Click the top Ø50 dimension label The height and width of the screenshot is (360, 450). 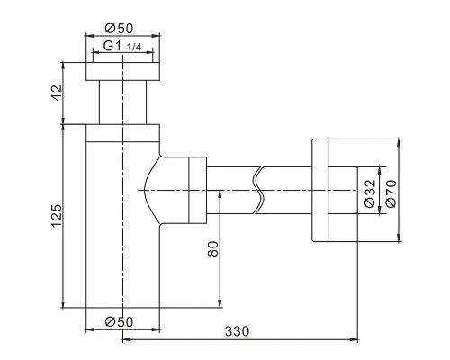point(119,29)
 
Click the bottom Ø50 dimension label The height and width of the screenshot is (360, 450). point(119,322)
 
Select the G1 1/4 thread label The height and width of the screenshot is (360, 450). point(122,47)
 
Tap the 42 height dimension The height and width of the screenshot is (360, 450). point(57,93)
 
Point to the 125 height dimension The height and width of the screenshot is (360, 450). point(57,216)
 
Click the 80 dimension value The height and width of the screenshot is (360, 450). point(213,248)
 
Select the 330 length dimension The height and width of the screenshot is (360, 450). point(237,331)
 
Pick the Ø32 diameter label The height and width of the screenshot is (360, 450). point(370,193)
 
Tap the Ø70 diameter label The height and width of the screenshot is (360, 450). point(391,193)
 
